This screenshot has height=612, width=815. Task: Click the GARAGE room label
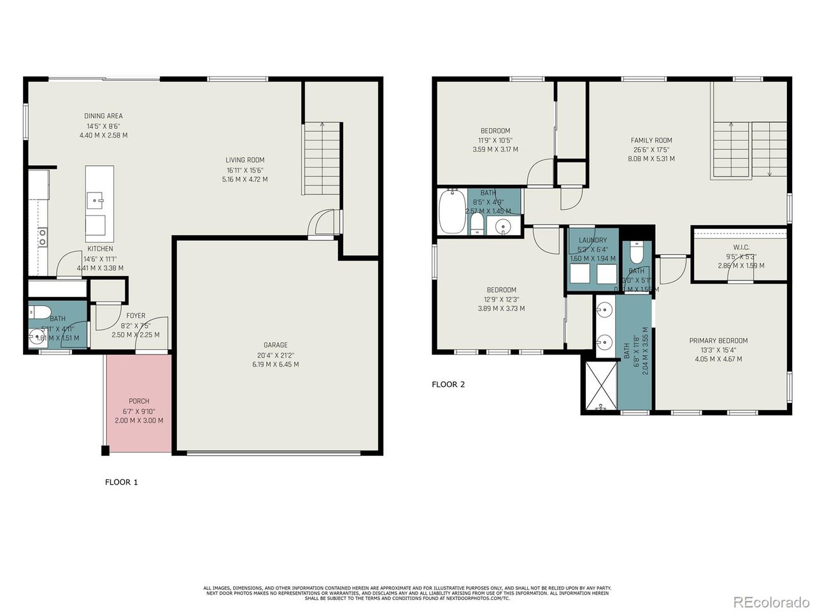276,345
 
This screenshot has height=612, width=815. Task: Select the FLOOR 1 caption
121,482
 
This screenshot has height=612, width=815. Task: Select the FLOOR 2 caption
448,384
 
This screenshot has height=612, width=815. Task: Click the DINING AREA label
103,116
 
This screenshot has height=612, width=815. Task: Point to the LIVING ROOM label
244,160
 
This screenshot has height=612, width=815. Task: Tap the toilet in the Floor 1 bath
39,312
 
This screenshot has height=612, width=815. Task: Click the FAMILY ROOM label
651,140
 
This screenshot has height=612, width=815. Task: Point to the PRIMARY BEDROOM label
718,340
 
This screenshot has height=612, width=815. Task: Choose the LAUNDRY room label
592,240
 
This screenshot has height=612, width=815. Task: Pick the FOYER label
136,316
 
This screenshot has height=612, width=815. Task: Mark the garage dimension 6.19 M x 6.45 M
276,365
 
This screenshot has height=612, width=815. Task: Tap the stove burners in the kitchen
42,237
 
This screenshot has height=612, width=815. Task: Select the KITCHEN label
100,249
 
